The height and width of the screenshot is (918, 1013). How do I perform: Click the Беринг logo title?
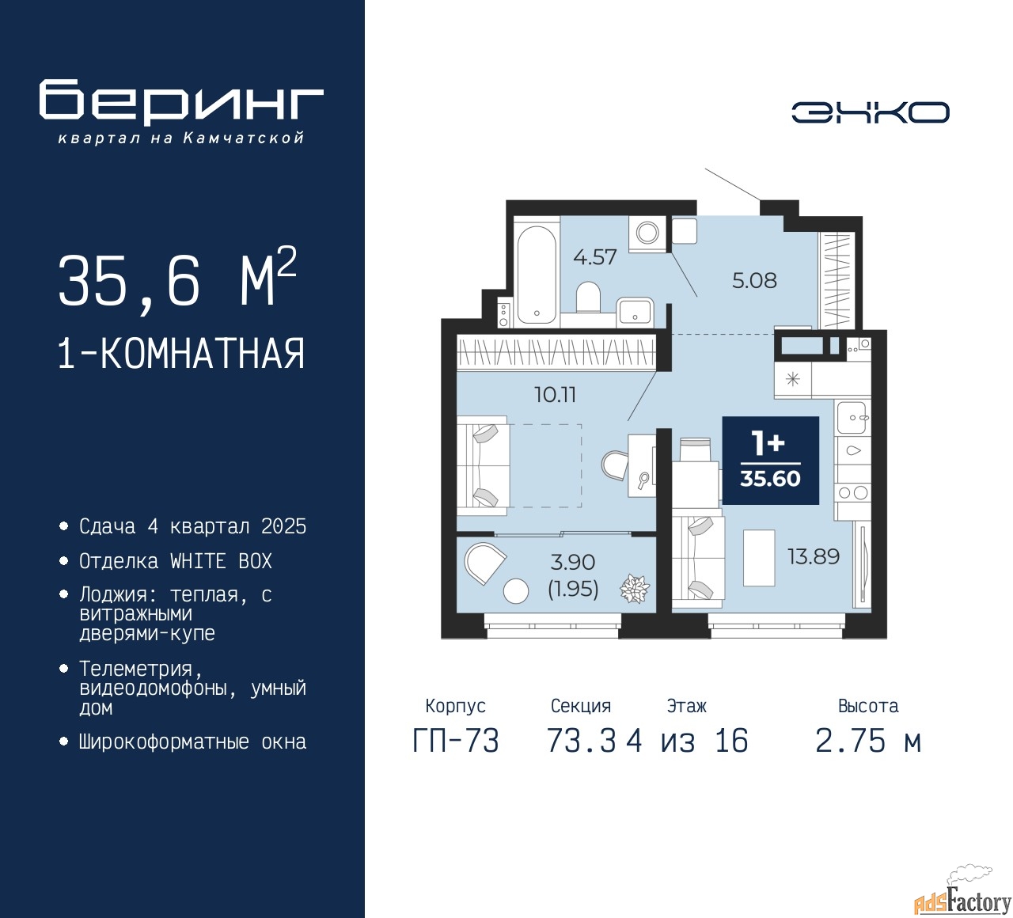click(x=180, y=103)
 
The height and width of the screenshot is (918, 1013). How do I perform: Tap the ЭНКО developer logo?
click(x=870, y=112)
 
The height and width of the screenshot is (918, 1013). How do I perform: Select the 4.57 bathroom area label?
click(x=594, y=257)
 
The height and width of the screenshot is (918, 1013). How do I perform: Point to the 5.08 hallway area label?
click(x=754, y=280)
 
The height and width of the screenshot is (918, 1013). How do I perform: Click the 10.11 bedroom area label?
click(x=555, y=394)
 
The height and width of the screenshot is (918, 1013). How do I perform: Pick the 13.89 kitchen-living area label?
click(x=814, y=556)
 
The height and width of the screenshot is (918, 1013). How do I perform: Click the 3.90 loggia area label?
click(x=573, y=562)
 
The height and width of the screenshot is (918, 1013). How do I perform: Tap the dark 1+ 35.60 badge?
click(x=770, y=460)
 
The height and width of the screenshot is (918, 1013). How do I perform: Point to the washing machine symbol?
click(x=647, y=233)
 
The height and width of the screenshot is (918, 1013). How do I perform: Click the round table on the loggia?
click(x=515, y=590)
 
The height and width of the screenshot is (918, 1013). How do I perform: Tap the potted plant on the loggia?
click(x=635, y=588)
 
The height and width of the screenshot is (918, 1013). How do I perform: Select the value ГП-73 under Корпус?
click(x=456, y=741)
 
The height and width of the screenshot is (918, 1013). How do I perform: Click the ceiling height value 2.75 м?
click(x=868, y=741)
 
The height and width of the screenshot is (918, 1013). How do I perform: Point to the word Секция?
click(x=581, y=705)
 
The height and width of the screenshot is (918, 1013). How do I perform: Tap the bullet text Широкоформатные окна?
click(x=192, y=742)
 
